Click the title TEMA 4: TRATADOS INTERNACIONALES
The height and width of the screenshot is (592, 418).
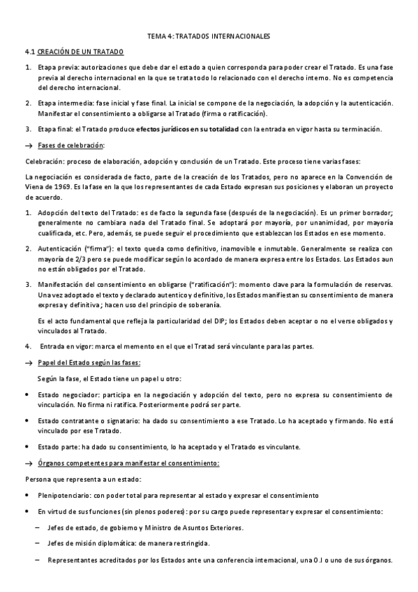[x=209, y=36]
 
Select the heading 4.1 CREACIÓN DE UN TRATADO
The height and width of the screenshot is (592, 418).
[x=73, y=52]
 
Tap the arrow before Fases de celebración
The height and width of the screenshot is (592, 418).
[x=29, y=145]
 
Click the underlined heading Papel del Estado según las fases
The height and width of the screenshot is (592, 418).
[x=89, y=363]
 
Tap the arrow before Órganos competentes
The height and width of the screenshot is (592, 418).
[x=29, y=464]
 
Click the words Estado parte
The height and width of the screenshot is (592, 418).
[x=59, y=447]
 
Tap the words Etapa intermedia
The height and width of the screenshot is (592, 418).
[x=64, y=103]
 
